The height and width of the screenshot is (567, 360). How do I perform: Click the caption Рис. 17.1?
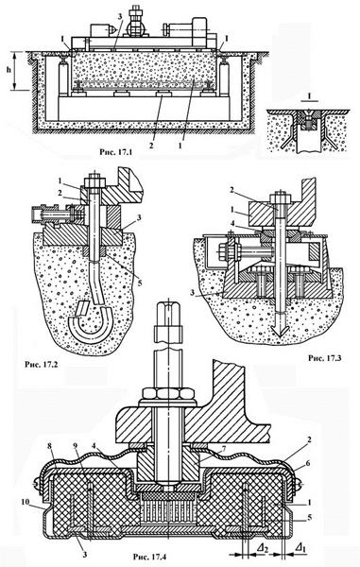pyautogui.click(x=115, y=152)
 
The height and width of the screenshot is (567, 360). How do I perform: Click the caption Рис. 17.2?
pyautogui.click(x=42, y=364)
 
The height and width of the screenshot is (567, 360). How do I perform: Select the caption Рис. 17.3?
pyautogui.click(x=325, y=358)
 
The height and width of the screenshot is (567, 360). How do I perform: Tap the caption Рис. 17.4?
pyautogui.click(x=150, y=557)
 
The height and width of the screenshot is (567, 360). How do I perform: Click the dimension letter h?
pyautogui.click(x=8, y=69)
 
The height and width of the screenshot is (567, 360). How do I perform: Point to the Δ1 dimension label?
pyautogui.click(x=300, y=548)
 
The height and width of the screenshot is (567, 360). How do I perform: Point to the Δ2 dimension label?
pyautogui.click(x=264, y=548)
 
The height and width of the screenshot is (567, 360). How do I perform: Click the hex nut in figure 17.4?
pyautogui.click(x=168, y=393)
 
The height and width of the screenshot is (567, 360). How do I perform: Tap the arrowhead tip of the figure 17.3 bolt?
pyautogui.click(x=279, y=336)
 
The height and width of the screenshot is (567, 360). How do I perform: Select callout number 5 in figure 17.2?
pyautogui.click(x=139, y=282)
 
